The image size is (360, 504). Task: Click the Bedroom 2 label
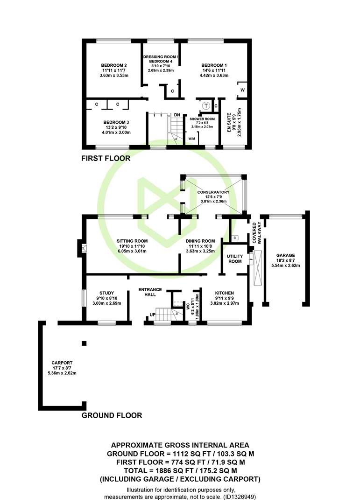(x=114, y=65)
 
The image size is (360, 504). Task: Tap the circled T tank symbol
(x=206, y=105)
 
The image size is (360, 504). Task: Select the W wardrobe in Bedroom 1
(x=242, y=90)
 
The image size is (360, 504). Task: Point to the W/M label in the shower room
(x=191, y=139)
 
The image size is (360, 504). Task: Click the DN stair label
(x=177, y=115)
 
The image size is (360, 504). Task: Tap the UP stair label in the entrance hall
(x=153, y=315)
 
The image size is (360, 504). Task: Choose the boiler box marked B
(x=235, y=238)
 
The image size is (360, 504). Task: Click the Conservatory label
(x=213, y=192)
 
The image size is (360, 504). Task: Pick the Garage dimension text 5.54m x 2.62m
(x=285, y=266)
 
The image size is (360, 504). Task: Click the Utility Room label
(x=235, y=259)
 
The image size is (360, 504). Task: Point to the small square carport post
(x=85, y=343)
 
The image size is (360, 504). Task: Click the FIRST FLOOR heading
(x=106, y=158)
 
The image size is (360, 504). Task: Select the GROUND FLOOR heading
(x=112, y=415)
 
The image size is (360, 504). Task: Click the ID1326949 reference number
(x=240, y=497)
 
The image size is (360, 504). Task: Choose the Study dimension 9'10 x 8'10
(x=107, y=298)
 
